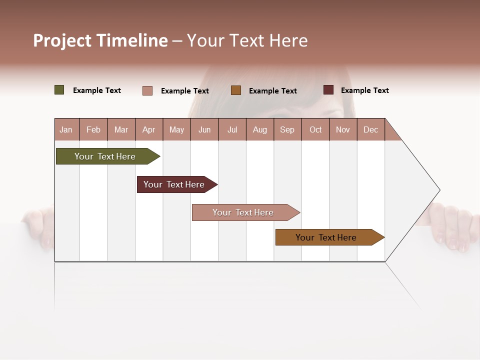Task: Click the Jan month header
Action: (x=66, y=129)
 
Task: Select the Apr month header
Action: (x=148, y=129)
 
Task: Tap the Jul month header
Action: (x=232, y=129)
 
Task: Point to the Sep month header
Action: (x=287, y=129)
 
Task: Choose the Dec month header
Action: (x=370, y=129)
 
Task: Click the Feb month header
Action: (x=93, y=129)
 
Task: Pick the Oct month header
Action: (x=315, y=129)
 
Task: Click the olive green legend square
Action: (x=59, y=90)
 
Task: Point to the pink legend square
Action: (x=147, y=90)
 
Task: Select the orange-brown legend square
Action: (x=236, y=90)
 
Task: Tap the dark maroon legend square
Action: (x=328, y=90)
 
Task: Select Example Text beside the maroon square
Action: (x=364, y=90)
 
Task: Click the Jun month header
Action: (x=204, y=129)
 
